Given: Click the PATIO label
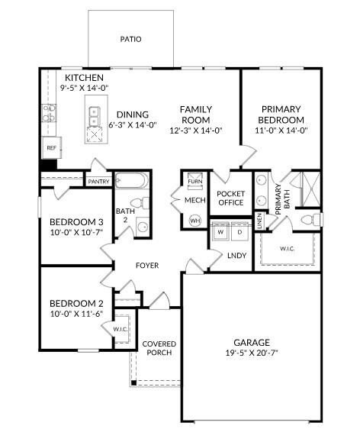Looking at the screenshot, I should coord(130,38).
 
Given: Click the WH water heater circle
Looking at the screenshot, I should coord(195,220).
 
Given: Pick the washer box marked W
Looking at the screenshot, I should coord(220,231).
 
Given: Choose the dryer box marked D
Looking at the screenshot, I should coord(239,231).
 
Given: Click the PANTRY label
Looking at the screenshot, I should coord(98,182).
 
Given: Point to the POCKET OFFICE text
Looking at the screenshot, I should coord(230,198).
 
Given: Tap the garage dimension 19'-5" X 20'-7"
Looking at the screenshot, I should coord(251,353).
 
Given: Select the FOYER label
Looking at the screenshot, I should coord(147,266).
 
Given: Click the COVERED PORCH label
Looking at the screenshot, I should coord(159,348).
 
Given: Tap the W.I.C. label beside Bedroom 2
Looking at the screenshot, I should coord(122,329).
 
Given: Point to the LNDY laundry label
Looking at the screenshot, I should coord(237,256).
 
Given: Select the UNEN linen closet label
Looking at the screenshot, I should coord(259,222).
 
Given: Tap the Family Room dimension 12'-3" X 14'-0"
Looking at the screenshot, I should coord(195,130).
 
